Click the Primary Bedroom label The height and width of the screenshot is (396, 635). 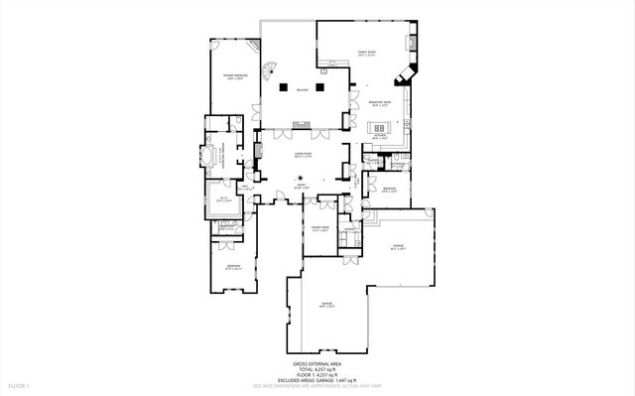[234, 76]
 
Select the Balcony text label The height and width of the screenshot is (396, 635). [304, 89]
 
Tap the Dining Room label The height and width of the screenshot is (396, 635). [319, 229]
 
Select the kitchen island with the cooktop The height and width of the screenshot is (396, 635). [380, 128]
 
